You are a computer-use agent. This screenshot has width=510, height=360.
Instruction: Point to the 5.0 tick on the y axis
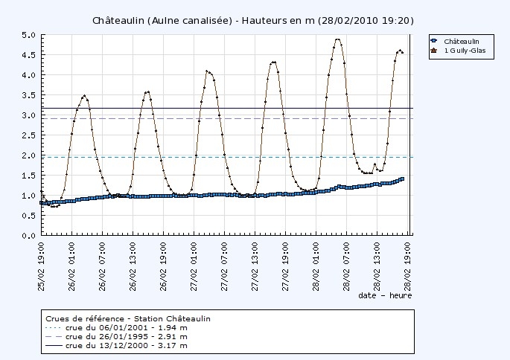(x=28, y=35)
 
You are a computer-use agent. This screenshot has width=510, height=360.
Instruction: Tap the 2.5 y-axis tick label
(x=28, y=135)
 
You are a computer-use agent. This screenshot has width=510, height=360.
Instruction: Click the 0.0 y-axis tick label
(x=28, y=236)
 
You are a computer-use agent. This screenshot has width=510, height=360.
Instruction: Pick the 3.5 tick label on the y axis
(x=28, y=95)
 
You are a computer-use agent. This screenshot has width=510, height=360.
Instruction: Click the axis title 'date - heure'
(x=384, y=295)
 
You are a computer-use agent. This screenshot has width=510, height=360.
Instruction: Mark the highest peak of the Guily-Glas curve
(x=338, y=39)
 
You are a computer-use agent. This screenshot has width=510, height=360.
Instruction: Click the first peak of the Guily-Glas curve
(x=84, y=95)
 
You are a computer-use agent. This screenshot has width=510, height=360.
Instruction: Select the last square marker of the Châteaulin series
(x=403, y=179)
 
